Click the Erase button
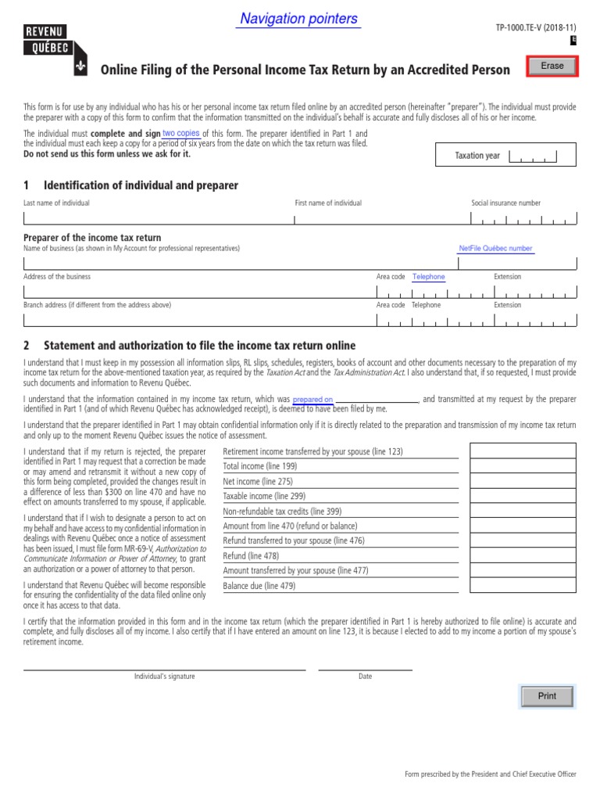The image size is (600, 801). [x=552, y=66]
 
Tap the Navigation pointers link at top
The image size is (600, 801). [x=298, y=19]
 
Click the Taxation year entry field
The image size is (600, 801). [x=533, y=156]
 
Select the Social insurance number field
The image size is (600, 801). [x=523, y=220]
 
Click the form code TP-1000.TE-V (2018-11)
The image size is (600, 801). [x=536, y=27]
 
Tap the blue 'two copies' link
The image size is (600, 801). [x=180, y=134]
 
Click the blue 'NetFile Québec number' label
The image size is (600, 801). [x=495, y=249]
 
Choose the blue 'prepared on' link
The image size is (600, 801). [x=312, y=400]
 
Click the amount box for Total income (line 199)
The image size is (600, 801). [x=522, y=466]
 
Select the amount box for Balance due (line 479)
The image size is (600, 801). [x=522, y=585]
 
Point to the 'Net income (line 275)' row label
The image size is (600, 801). [x=258, y=482]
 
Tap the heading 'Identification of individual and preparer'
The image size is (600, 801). [x=141, y=185]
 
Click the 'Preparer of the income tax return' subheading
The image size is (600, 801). [x=92, y=238]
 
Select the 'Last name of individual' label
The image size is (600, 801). [x=56, y=203]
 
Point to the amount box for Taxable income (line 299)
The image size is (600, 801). [x=522, y=496]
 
